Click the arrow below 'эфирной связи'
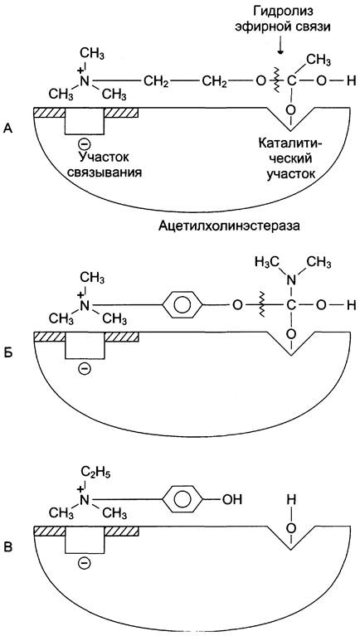[x=280, y=47]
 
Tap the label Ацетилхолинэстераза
[x=229, y=226]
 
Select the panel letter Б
[x=8, y=352]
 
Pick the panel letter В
[x=8, y=546]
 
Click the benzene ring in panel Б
[x=182, y=304]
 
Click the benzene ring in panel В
[x=182, y=498]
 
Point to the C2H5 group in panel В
[x=95, y=473]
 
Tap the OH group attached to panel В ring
[x=232, y=498]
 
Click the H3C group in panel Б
[x=265, y=261]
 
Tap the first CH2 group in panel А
[x=156, y=81]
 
